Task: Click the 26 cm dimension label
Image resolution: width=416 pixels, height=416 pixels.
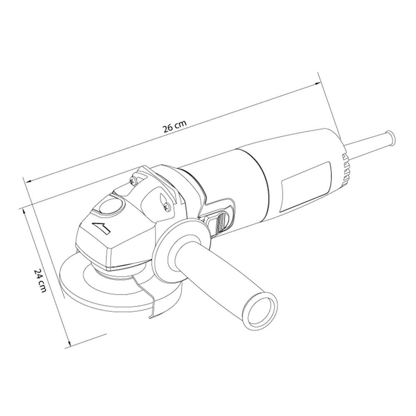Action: pyautogui.click(x=174, y=126)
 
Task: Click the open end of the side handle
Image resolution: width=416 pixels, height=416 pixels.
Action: pyautogui.click(x=261, y=310)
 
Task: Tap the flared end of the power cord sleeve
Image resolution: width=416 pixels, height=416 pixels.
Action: pyautogui.click(x=391, y=137)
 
